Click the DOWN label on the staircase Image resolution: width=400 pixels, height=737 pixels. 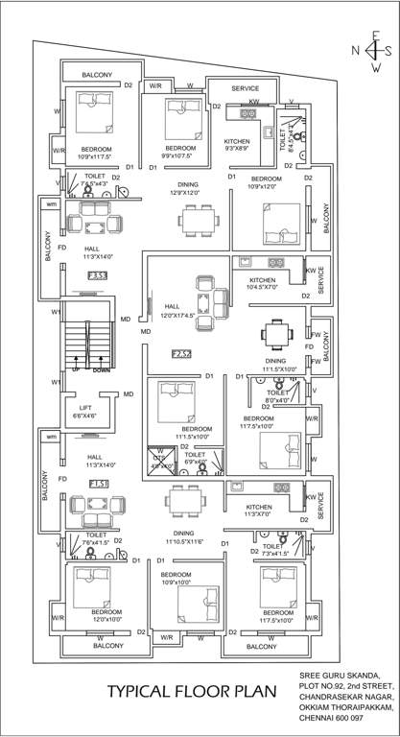[x=101, y=368]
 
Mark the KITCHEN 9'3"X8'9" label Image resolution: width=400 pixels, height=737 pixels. [x=237, y=145]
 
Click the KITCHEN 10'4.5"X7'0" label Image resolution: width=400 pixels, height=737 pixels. [x=255, y=283]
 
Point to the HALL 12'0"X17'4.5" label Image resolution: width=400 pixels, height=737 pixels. [x=178, y=310]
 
